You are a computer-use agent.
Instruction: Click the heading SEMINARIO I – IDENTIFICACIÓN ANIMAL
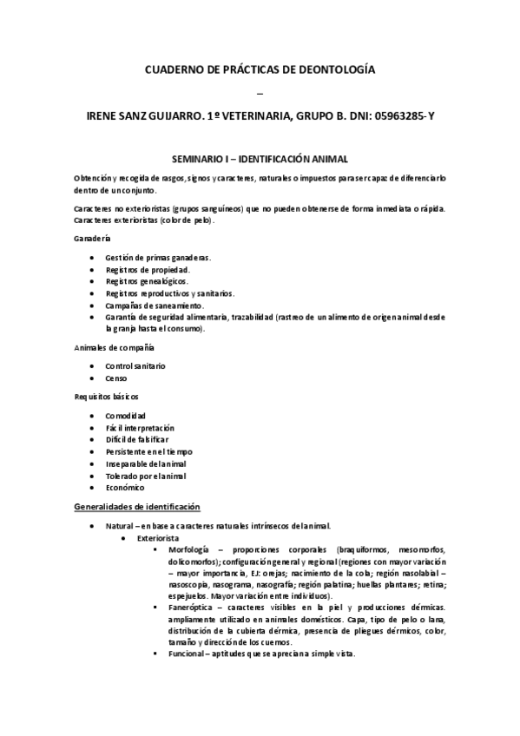tap(260, 161)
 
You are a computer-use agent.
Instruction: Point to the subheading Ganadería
tap(92, 239)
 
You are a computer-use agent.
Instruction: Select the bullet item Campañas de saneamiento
tap(155, 306)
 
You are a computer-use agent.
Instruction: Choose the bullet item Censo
tap(117, 379)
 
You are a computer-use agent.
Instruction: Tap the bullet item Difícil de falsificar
tap(142, 440)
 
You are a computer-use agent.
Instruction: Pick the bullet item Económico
tap(125, 488)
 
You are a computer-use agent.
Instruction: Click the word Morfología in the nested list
tap(190, 550)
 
